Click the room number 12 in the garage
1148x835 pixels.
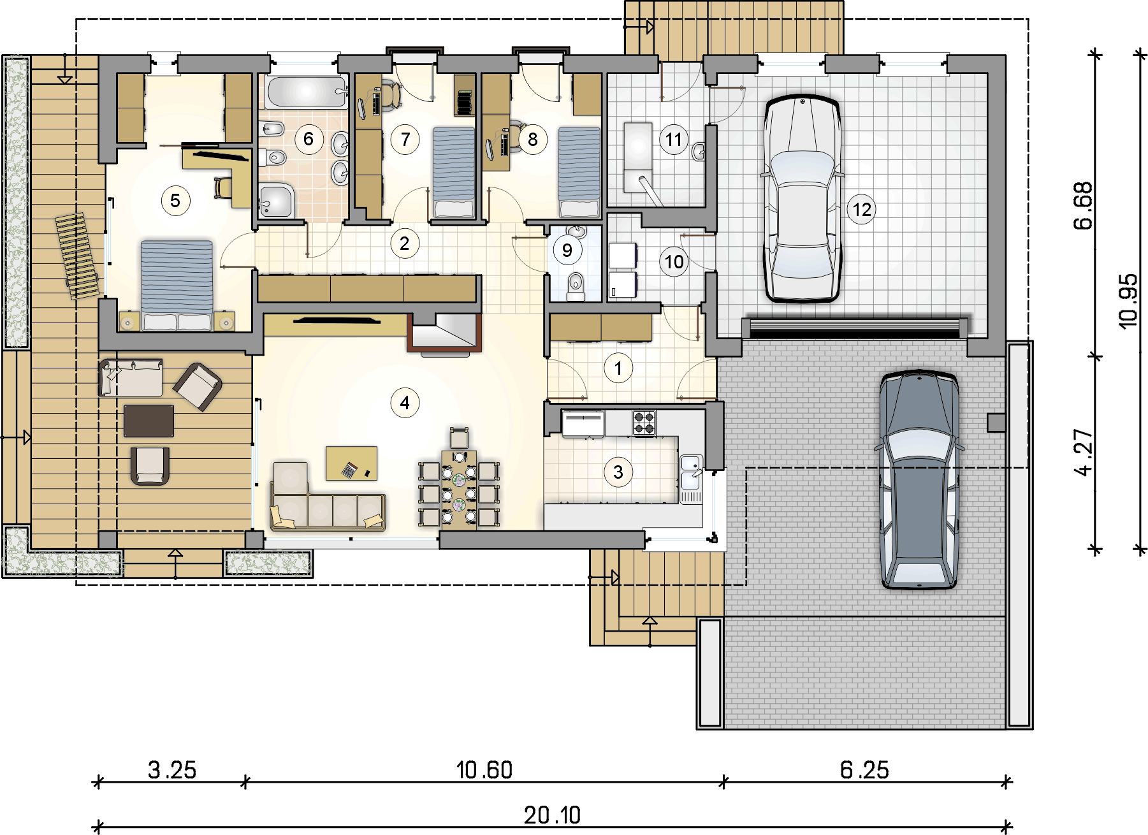(862, 209)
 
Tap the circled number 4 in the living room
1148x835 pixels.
(405, 403)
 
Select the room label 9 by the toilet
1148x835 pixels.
(567, 250)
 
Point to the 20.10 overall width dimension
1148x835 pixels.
(552, 815)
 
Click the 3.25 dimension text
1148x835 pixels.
(172, 770)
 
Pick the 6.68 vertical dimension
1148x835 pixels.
(1083, 205)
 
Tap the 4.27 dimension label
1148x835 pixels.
(1083, 453)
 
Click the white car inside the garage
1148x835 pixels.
(803, 198)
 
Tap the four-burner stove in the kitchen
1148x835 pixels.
(644, 423)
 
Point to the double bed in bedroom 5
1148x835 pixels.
(177, 285)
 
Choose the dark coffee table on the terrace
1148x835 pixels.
(149, 421)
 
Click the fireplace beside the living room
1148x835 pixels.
(444, 333)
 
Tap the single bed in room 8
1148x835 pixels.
(579, 172)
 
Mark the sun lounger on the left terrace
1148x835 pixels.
(76, 256)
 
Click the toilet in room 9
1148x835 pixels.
(576, 286)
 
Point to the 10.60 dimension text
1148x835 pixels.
(484, 770)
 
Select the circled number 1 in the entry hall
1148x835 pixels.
(618, 368)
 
